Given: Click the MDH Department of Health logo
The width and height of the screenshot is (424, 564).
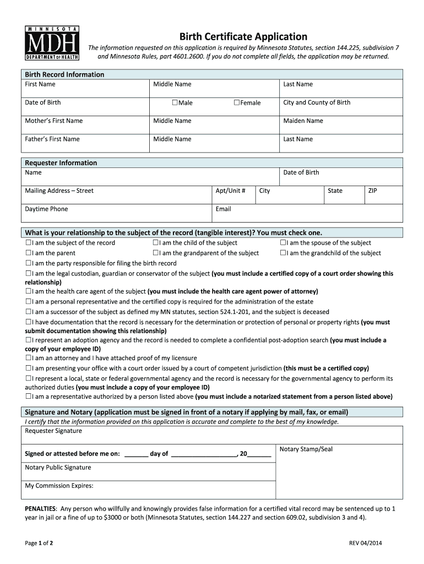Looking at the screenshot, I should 53,43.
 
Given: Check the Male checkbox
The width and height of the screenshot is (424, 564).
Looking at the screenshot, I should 175,103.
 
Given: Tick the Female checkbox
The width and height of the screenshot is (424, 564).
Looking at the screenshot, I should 237,103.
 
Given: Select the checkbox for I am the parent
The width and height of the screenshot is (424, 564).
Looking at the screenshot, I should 28,253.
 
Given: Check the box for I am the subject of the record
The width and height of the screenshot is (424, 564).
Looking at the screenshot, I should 28,243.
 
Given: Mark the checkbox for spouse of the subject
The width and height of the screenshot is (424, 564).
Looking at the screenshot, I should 283,243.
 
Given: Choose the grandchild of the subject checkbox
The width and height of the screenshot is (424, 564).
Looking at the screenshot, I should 283,253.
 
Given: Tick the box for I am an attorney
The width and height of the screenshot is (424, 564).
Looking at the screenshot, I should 28,358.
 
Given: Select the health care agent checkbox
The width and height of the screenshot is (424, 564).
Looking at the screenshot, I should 28,291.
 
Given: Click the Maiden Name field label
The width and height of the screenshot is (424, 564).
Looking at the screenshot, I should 303,121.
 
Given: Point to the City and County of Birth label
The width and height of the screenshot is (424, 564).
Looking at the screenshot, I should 317,102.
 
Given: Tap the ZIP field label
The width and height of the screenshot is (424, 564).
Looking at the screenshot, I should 373,191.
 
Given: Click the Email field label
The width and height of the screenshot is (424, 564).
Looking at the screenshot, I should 223,209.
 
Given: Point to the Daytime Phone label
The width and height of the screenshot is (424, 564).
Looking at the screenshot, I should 46,209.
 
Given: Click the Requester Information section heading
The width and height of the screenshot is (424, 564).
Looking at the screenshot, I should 61,163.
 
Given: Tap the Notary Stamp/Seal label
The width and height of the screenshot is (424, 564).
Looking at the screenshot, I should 306,449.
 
